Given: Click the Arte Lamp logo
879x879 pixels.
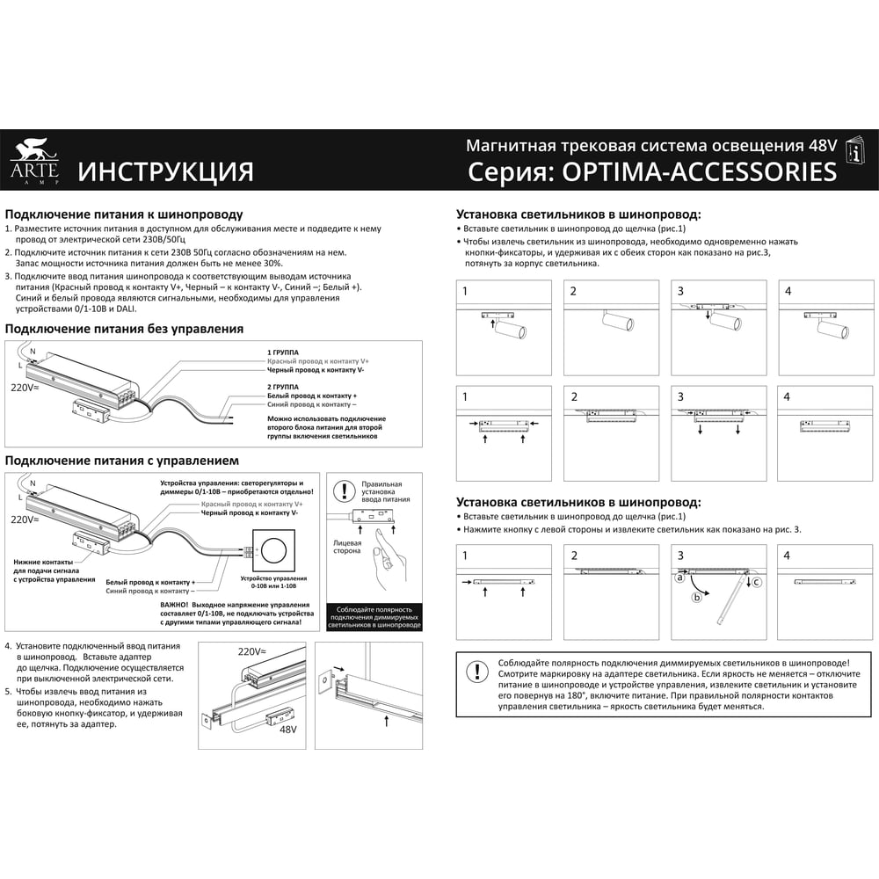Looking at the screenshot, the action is click(34, 162).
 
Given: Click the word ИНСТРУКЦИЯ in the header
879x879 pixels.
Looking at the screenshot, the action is click(165, 171).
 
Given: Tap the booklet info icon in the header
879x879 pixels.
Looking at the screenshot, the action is click(855, 150).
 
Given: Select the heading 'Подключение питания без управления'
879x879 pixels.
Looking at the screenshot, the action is click(124, 329).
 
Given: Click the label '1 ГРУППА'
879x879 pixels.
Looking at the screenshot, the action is click(283, 352).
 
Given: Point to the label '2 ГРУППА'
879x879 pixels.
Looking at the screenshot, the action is click(283, 387).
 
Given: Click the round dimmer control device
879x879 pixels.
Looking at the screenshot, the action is click(273, 550).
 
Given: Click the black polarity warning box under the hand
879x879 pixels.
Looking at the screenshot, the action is click(374, 617).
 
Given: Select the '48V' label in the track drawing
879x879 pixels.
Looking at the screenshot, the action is click(287, 730).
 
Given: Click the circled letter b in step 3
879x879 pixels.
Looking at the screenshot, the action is click(697, 598).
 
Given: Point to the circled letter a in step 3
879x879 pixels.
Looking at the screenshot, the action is click(679, 578).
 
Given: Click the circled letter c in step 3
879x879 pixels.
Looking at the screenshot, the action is click(756, 583).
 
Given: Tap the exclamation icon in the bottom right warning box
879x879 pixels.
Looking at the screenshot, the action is click(477, 671).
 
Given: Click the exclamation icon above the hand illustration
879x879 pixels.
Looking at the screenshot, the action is click(344, 491).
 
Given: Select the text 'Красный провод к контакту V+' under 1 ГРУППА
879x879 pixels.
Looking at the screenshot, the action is click(318, 361).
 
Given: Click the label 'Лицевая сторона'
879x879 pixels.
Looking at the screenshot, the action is click(347, 547).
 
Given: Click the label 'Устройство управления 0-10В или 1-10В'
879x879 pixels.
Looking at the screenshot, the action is click(273, 582).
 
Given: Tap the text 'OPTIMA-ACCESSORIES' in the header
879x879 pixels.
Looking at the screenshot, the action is click(699, 171).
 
